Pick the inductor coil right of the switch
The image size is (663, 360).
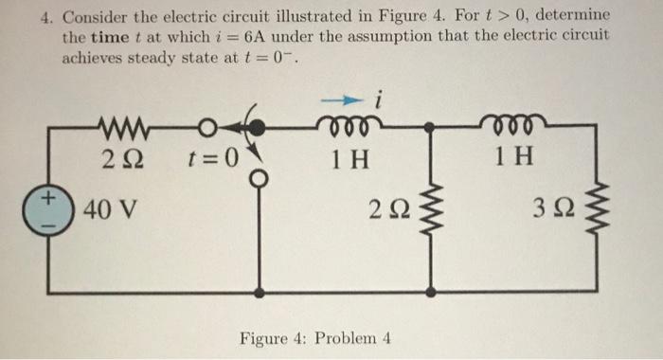(x=353, y=124)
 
